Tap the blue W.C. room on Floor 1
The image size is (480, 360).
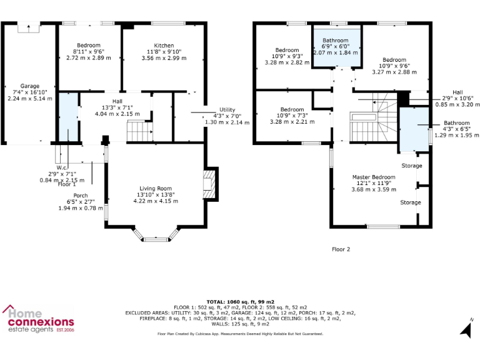pos(67,117)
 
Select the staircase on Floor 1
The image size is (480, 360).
pos(140,131)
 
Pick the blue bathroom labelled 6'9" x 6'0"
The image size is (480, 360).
pos(336,46)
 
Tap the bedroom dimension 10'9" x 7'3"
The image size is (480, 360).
pos(292,116)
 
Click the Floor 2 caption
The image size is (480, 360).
pos(341,249)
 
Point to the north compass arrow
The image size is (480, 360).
pos(466,328)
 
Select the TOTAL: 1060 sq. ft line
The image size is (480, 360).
pos(241,301)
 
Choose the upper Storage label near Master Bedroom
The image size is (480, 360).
pos(411,166)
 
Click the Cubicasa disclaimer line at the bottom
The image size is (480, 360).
pos(241,334)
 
